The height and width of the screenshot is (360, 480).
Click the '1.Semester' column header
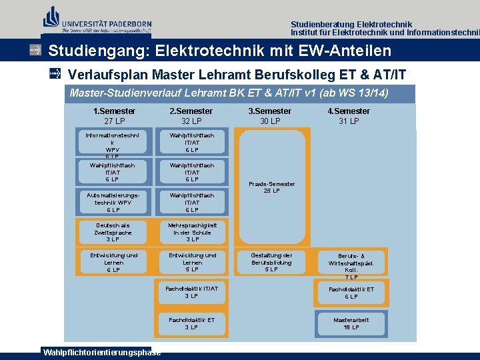(114, 111)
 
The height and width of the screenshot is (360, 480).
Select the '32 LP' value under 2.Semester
(191, 121)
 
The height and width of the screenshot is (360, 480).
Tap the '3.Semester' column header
(269, 111)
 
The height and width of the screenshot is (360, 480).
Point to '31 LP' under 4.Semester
(349, 121)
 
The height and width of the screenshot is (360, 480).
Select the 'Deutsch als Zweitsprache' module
(113, 232)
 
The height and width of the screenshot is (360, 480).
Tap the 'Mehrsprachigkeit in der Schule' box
(191, 232)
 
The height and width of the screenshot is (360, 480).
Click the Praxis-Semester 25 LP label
(271, 187)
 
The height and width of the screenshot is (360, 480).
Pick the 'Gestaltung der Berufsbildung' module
(271, 262)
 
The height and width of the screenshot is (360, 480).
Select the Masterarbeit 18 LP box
(351, 323)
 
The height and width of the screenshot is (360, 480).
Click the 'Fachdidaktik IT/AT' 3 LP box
(191, 292)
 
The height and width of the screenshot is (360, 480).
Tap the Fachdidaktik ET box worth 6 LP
(351, 293)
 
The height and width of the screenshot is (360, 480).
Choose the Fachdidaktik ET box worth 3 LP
(191, 323)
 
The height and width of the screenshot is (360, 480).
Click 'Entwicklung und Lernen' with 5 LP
(191, 262)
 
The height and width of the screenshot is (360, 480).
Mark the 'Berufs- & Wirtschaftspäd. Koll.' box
(351, 265)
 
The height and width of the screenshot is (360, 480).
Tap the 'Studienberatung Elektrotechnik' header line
(351, 24)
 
